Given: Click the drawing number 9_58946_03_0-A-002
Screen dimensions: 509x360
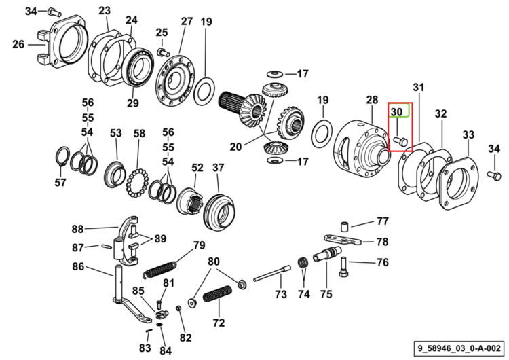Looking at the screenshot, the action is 459,348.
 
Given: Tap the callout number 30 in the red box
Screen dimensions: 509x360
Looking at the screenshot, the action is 396,112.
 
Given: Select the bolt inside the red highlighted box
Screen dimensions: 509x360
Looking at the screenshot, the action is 400,141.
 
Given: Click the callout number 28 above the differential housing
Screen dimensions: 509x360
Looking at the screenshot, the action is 372,100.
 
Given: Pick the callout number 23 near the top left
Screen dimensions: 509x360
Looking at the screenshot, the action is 105,11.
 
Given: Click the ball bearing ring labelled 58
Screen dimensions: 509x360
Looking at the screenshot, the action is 137,183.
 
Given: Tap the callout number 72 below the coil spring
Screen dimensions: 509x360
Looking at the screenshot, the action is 219,323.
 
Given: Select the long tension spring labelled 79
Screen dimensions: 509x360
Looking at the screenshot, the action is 159,270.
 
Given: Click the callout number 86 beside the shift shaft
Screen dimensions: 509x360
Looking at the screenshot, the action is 78,267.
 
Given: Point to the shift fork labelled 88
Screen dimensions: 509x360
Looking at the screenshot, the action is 127,240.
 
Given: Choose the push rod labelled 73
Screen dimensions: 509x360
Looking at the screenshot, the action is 272,273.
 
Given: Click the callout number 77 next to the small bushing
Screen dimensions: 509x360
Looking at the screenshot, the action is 383,221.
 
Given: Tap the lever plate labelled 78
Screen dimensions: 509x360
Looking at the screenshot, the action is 343,240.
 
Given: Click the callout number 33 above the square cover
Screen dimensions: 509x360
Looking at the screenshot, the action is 468,134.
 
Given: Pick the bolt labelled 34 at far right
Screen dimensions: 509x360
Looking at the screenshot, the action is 494,176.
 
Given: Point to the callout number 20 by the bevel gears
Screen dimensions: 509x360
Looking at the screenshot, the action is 235,147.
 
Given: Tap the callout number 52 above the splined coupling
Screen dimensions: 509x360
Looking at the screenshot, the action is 197,168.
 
